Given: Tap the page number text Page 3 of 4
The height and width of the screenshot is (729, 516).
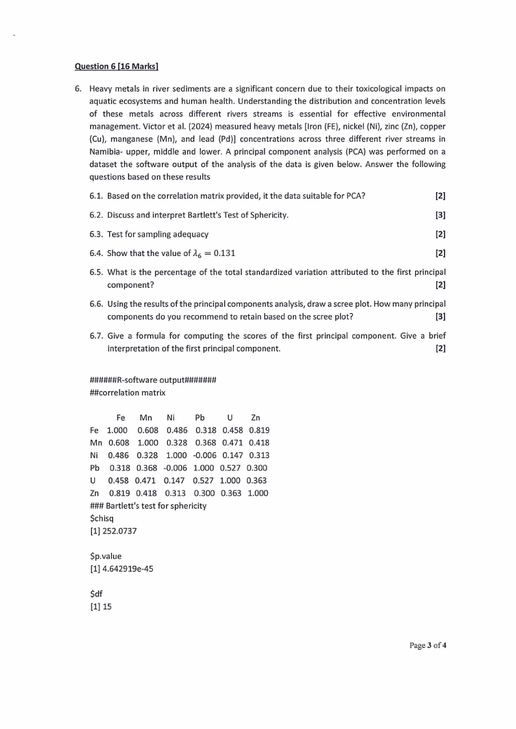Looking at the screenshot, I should coord(428,645).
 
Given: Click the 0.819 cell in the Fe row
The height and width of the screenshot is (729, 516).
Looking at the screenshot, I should coord(259,430).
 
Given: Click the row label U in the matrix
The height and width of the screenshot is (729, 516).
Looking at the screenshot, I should coord(94,480).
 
